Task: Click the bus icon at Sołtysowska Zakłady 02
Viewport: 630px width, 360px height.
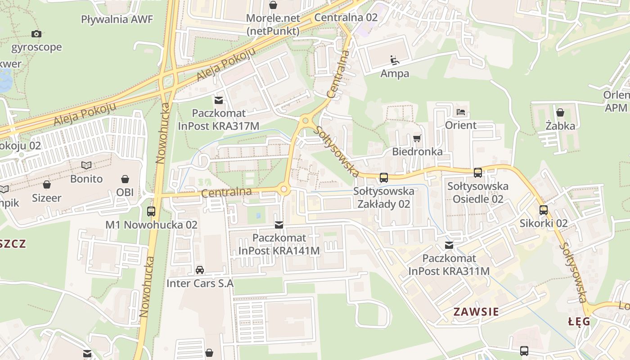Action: pyautogui.click(x=383, y=177)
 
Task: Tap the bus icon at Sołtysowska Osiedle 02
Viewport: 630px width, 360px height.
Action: pyautogui.click(x=478, y=172)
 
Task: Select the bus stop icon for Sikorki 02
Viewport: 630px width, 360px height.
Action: pyautogui.click(x=544, y=210)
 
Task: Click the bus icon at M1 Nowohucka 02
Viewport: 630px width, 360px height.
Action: pyautogui.click(x=151, y=211)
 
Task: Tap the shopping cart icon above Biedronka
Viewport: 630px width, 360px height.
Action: pyautogui.click(x=417, y=138)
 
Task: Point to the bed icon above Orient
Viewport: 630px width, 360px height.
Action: pyautogui.click(x=460, y=112)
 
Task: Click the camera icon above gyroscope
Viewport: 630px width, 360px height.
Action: pyautogui.click(x=36, y=34)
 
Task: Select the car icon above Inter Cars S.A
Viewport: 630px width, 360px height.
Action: pyautogui.click(x=200, y=270)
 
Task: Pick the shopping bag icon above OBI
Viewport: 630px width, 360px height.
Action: pyautogui.click(x=125, y=179)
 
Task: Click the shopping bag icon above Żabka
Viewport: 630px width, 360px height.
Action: pyautogui.click(x=560, y=112)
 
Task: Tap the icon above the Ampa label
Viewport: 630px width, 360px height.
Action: pyautogui.click(x=395, y=60)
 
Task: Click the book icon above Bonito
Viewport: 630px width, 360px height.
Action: pyautogui.click(x=86, y=166)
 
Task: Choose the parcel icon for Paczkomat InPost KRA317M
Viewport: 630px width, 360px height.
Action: pyautogui.click(x=219, y=99)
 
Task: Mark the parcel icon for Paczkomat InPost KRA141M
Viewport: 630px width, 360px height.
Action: pyautogui.click(x=279, y=224)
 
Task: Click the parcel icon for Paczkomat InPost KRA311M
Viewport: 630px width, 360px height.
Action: pyautogui.click(x=449, y=245)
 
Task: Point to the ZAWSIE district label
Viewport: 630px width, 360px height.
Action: pyautogui.click(x=476, y=311)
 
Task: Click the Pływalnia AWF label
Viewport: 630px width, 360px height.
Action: pyautogui.click(x=117, y=19)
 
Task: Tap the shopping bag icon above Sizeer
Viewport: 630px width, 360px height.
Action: pyautogui.click(x=47, y=184)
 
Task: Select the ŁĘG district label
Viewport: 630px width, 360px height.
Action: pyautogui.click(x=579, y=321)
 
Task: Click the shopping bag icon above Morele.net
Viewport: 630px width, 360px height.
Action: pyautogui.click(x=273, y=5)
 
